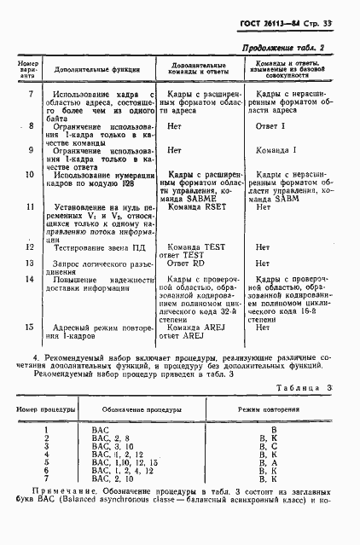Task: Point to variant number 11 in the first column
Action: point(30,206)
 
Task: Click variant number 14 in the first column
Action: point(30,279)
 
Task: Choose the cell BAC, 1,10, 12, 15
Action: point(125,462)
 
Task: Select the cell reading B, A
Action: point(275,462)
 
